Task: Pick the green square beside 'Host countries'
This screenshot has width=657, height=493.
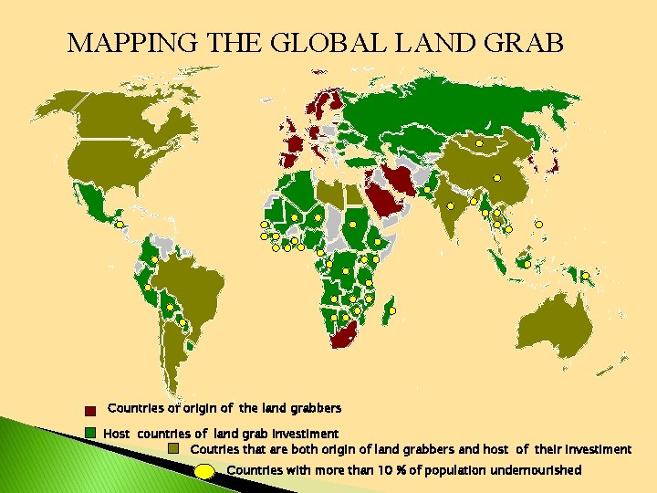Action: [90, 432]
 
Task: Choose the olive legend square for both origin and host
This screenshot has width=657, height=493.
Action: [174, 448]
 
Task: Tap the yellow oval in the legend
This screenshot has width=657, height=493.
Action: [207, 471]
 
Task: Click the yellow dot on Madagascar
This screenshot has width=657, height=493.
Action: [391, 310]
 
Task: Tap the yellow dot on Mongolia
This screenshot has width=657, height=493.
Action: [479, 143]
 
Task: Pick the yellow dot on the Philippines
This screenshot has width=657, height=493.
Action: [539, 224]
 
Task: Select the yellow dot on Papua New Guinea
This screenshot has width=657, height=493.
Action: [584, 275]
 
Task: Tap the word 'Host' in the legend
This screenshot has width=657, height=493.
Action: [117, 433]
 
